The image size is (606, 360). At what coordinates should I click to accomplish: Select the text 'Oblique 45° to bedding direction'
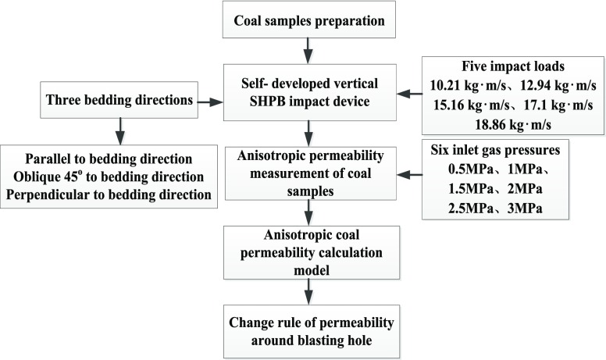pos(109,175)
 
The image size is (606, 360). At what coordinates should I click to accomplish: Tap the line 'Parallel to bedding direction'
pos(109,158)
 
